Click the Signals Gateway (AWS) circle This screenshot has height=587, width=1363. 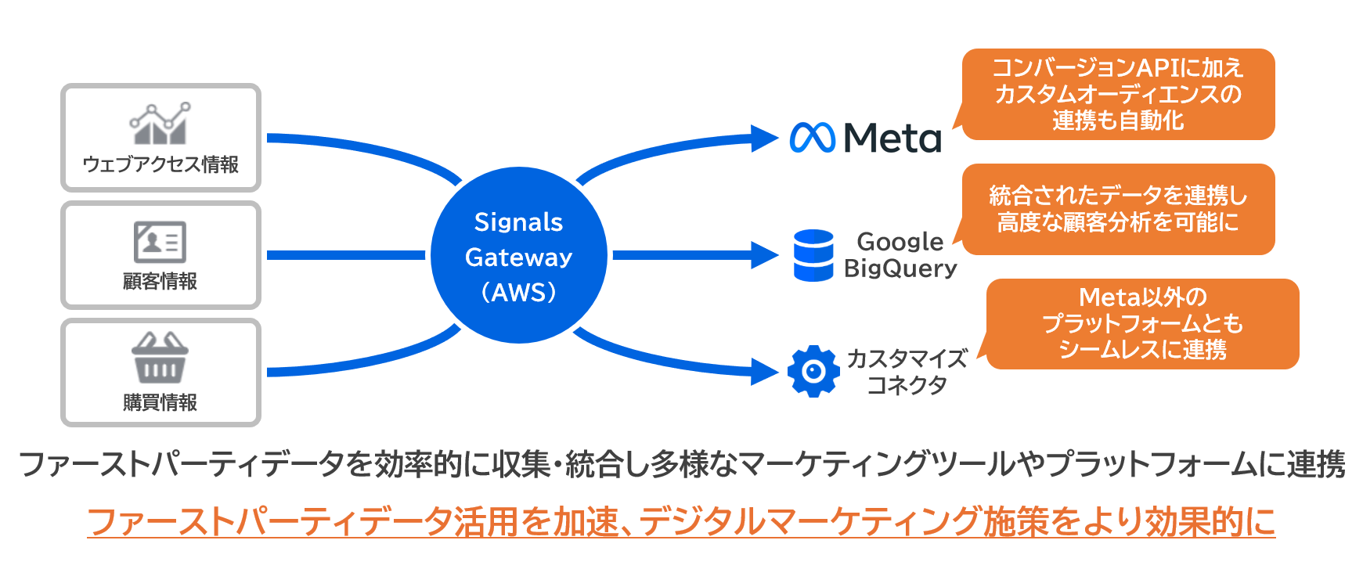pyautogui.click(x=518, y=255)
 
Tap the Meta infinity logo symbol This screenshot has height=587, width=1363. pyautogui.click(x=812, y=138)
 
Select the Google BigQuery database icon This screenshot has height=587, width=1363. pyautogui.click(x=813, y=255)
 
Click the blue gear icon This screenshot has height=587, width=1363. pyautogui.click(x=813, y=371)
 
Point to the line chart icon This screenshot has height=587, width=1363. pyautogui.click(x=160, y=124)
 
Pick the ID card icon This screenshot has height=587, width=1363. pyautogui.click(x=160, y=242)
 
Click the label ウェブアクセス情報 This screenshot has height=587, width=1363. pyautogui.click(x=160, y=164)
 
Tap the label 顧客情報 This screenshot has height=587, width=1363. pyautogui.click(x=160, y=282)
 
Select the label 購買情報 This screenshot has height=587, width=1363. pyautogui.click(x=160, y=402)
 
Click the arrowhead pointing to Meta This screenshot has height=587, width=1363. pyautogui.click(x=763, y=139)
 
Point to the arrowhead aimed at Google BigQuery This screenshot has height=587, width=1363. pyautogui.click(x=763, y=255)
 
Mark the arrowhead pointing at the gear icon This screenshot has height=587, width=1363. pyautogui.click(x=763, y=371)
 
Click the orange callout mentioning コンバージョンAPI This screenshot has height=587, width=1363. pyautogui.click(x=1117, y=94)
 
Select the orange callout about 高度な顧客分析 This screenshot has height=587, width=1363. pyautogui.click(x=1117, y=209)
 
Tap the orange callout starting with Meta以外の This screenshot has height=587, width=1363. pyautogui.click(x=1142, y=324)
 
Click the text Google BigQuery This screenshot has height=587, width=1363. pyautogui.click(x=900, y=255)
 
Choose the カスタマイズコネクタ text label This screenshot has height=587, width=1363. pyautogui.click(x=907, y=372)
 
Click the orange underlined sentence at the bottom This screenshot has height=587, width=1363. pyautogui.click(x=681, y=522)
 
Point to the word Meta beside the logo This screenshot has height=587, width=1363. pyautogui.click(x=892, y=139)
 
